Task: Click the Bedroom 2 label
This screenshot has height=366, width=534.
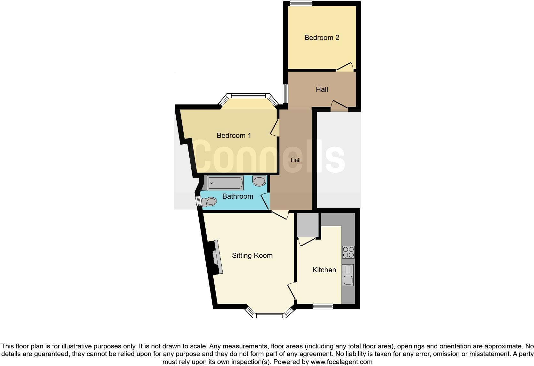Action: pos(322,38)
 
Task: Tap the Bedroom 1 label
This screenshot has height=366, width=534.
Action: pos(234,136)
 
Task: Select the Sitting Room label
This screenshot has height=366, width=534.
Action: pos(252,256)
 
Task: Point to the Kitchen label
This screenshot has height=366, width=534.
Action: pos(324,270)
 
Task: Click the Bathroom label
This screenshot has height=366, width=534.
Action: pos(238,196)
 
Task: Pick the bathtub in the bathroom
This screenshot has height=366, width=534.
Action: pos(225,183)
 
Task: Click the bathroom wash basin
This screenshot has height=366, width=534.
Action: pos(259,181)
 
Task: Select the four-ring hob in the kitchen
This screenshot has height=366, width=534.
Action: pos(348,252)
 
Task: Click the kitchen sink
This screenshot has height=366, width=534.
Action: pos(348,275)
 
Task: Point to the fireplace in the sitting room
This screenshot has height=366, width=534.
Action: pos(216,257)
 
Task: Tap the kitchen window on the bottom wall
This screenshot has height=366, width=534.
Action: pos(323,306)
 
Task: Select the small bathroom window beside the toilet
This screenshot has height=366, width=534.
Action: pos(198,201)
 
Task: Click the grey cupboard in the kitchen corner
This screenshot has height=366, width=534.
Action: pos(308,225)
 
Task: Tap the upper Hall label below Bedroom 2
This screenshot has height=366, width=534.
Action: pos(322,90)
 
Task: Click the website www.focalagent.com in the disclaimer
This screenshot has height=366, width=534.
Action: pos(341,362)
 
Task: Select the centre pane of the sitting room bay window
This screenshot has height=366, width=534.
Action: pos(269,316)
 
